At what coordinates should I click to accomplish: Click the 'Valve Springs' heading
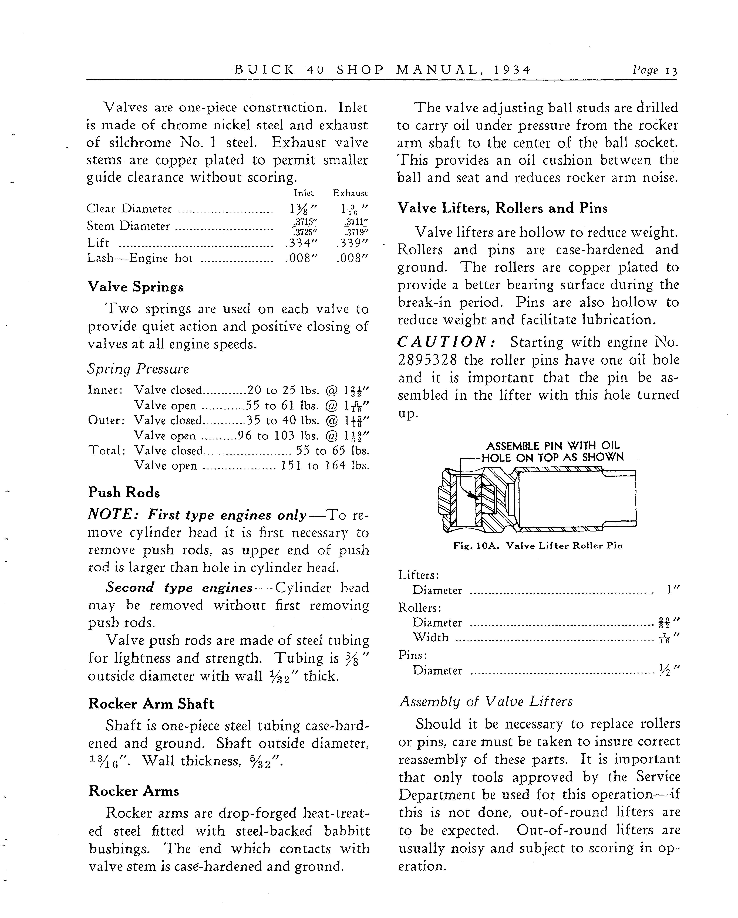click(x=135, y=287)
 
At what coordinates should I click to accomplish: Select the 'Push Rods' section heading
click(x=124, y=493)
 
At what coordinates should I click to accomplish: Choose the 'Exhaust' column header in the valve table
click(x=350, y=193)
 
